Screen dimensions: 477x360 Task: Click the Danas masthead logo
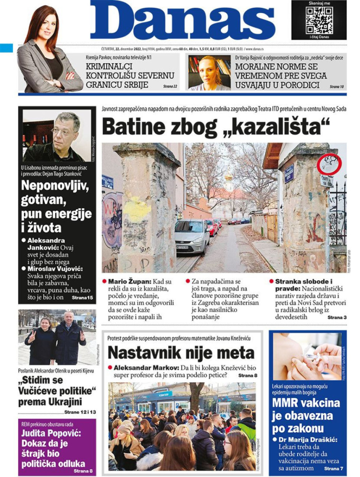(182, 22)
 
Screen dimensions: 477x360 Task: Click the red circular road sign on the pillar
(328, 163)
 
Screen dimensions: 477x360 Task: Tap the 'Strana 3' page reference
(337, 317)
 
